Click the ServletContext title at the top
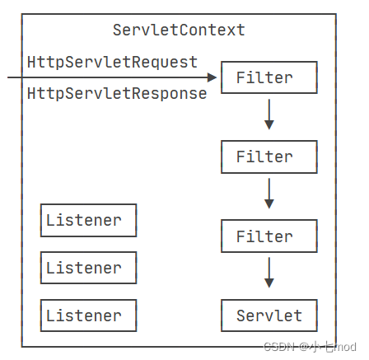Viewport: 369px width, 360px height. pos(179,30)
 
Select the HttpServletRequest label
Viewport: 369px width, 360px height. pos(112,62)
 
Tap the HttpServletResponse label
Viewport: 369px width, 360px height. pos(117,94)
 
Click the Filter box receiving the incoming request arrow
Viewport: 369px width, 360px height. pos(269,77)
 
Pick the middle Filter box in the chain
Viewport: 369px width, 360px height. pos(269,157)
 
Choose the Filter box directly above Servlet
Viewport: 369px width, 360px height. pos(269,236)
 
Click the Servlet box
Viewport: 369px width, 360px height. pos(269,316)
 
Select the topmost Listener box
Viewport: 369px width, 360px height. pos(88,220)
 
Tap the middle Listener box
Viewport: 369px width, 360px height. pos(88,268)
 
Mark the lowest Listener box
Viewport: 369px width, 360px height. pos(88,316)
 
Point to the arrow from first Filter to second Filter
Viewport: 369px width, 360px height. pos(269,115)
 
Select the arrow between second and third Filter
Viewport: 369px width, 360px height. pos(269,194)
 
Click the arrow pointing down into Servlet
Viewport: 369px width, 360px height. pos(269,274)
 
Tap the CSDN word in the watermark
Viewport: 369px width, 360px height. pos(279,347)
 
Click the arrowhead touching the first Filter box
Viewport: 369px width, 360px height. pos(214,77)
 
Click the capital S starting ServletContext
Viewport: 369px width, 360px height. pos(118,30)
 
